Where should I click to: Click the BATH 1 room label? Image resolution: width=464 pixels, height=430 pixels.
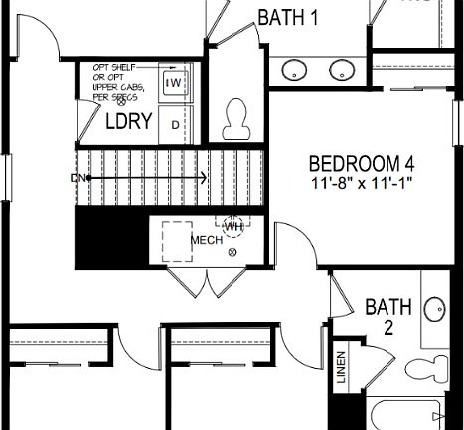tap(289, 17)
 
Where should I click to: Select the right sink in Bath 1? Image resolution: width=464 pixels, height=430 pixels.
tap(343, 70)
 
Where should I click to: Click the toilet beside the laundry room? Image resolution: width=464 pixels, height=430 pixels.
tap(236, 119)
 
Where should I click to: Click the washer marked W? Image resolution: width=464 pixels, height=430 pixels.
tap(175, 83)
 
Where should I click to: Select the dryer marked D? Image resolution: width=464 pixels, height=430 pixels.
tap(175, 124)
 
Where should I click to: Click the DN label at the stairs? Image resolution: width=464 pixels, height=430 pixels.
tap(78, 178)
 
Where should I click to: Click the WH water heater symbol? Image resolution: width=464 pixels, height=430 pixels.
tap(233, 226)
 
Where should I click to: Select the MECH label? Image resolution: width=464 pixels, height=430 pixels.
tap(206, 240)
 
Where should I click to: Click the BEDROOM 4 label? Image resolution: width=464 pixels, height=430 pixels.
tap(361, 162)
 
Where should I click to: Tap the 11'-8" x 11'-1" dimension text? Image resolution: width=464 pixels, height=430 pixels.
tap(361, 182)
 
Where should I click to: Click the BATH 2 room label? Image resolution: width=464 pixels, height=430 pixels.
tap(381, 315)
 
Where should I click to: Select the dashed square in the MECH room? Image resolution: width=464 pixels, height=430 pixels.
tap(179, 238)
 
